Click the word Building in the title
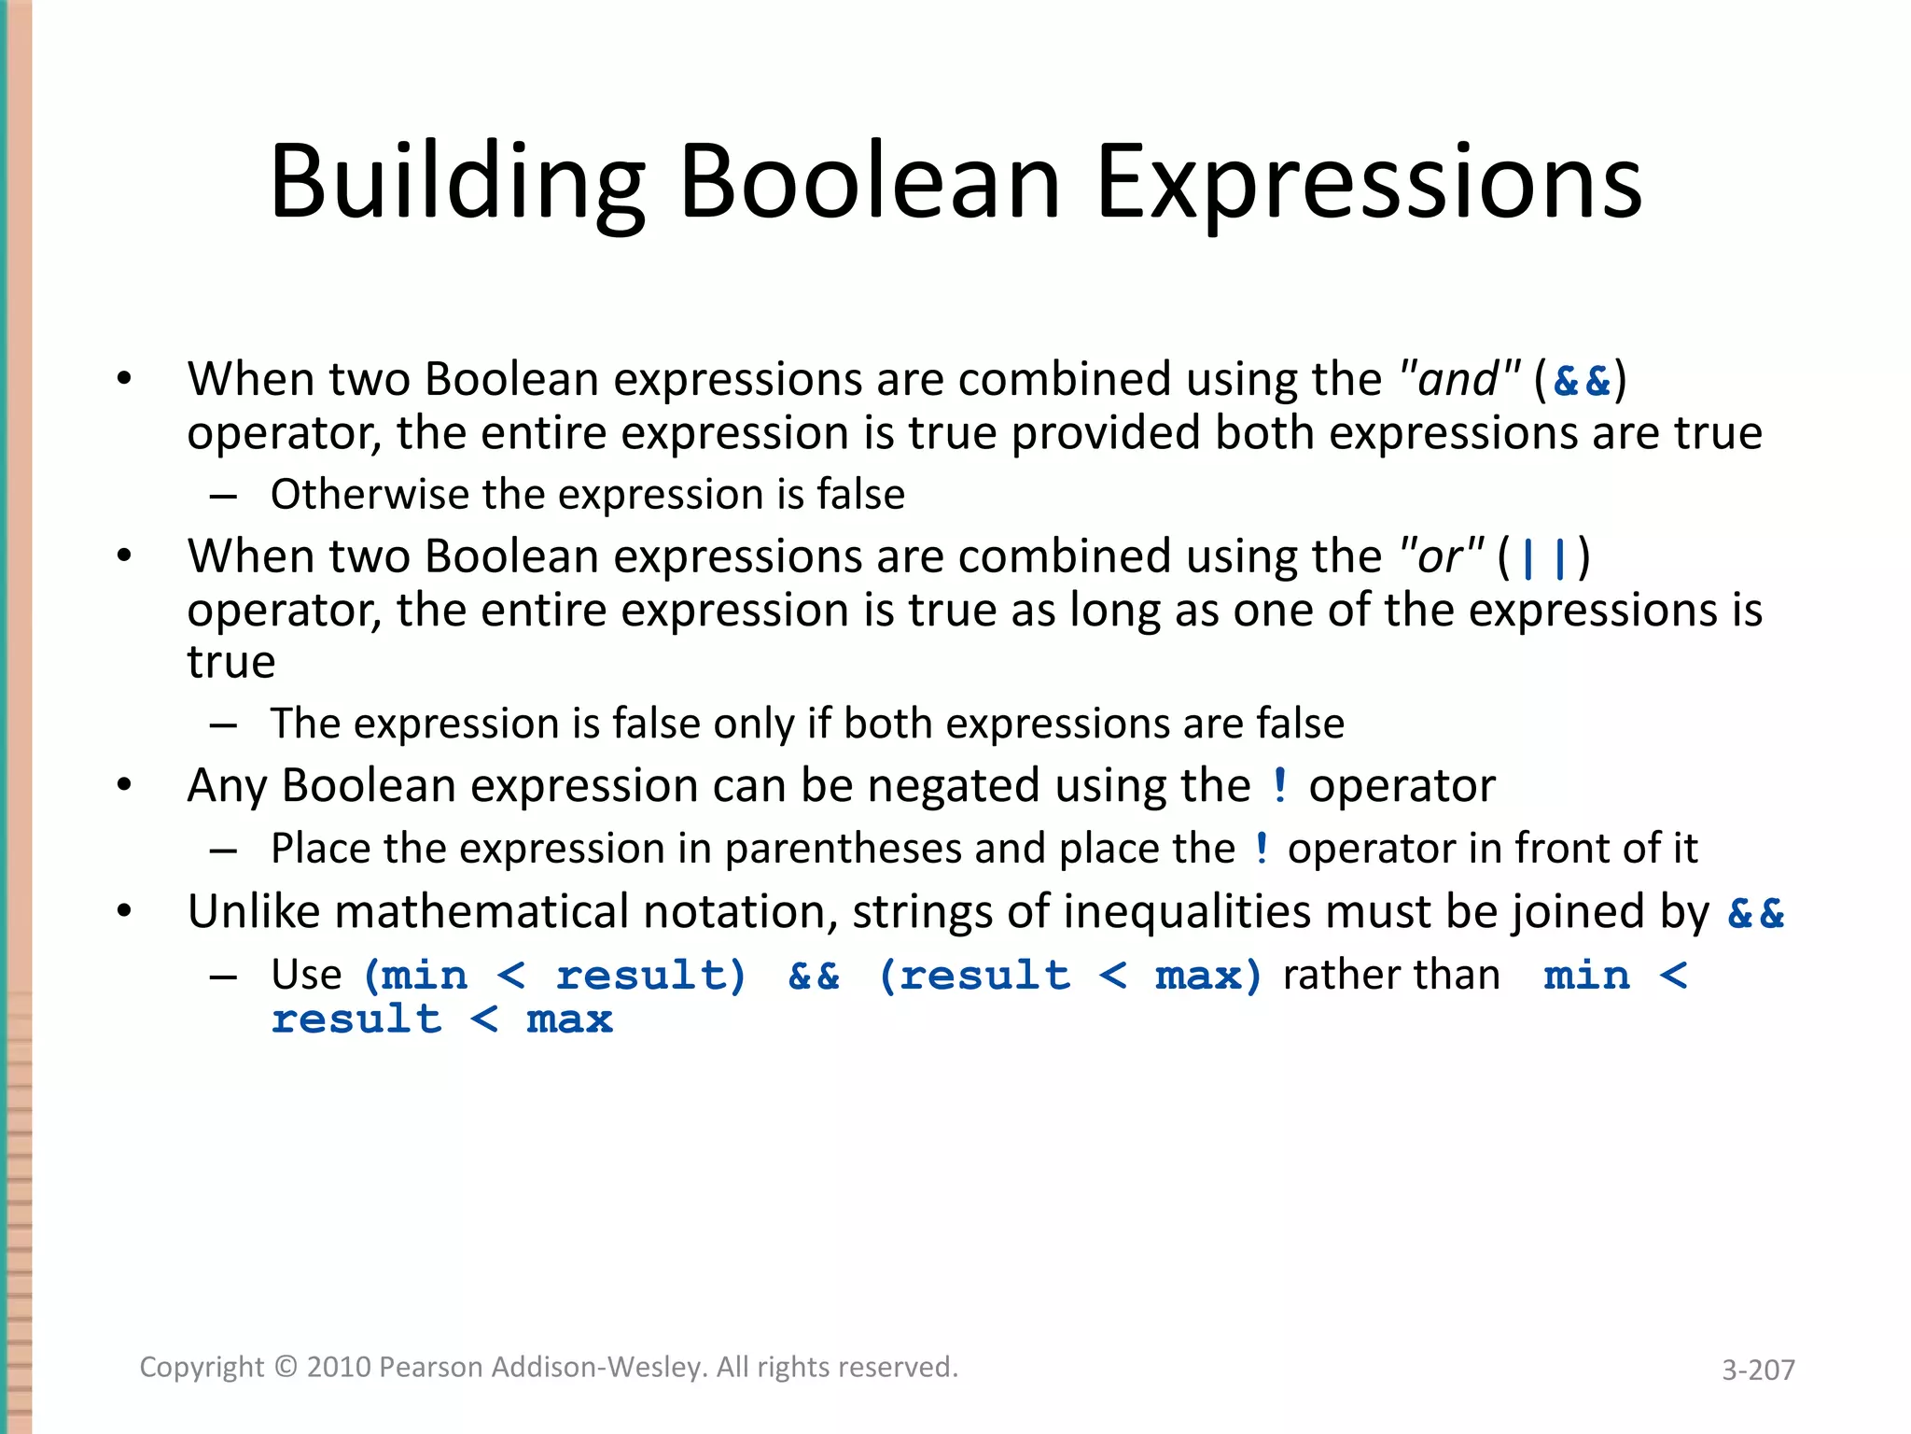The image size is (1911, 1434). (x=457, y=182)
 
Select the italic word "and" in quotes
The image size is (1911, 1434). (x=1459, y=380)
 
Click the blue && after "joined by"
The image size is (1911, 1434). (x=1755, y=913)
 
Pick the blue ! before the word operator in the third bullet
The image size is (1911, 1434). (x=1279, y=785)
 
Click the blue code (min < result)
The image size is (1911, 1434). (x=556, y=976)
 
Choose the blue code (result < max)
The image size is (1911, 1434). (x=1069, y=976)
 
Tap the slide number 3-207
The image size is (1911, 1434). (x=1758, y=1370)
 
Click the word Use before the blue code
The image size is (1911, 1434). (x=306, y=975)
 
